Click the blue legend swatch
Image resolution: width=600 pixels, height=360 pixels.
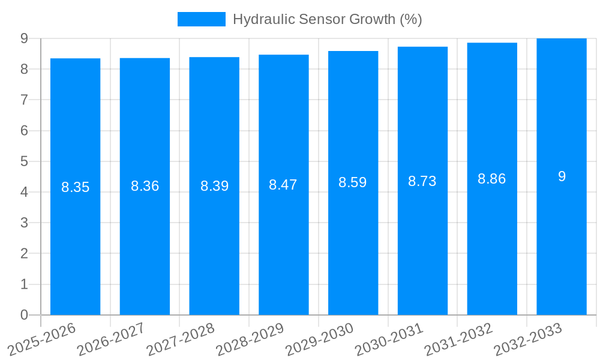click(x=202, y=19)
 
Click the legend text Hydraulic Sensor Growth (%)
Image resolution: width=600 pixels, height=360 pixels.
click(x=327, y=19)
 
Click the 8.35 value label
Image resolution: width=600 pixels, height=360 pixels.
click(x=75, y=187)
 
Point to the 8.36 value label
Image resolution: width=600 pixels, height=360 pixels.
click(x=145, y=186)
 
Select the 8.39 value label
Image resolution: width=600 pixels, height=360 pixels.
click(x=214, y=186)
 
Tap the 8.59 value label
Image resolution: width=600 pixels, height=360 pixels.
click(x=353, y=182)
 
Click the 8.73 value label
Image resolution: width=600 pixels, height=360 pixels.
click(x=422, y=181)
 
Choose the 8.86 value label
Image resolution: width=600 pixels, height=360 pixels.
click(x=492, y=179)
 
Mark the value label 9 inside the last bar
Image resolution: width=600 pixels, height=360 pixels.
click(x=562, y=176)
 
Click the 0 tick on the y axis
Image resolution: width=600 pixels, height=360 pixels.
click(x=24, y=315)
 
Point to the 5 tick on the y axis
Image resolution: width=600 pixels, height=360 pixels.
click(x=24, y=161)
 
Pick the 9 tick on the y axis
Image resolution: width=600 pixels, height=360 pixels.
click(x=24, y=38)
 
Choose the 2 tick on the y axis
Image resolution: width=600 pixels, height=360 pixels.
click(x=24, y=254)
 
